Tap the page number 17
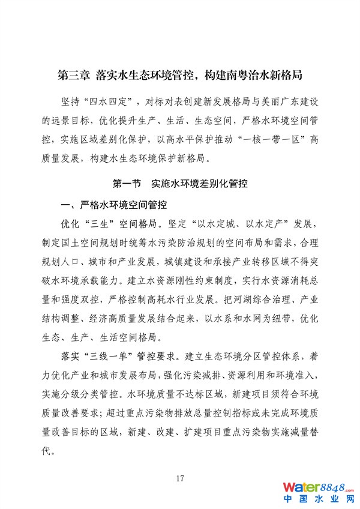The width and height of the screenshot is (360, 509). click(179, 478)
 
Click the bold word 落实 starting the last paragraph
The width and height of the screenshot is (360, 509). click(72, 355)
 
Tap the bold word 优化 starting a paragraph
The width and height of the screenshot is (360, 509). click(72, 224)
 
